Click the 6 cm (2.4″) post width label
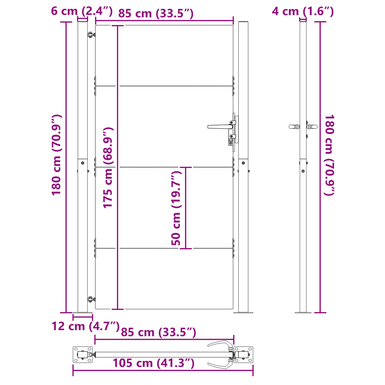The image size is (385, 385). [x=82, y=11]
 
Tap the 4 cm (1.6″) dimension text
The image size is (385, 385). [x=303, y=11]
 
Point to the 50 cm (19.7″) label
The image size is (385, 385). [x=176, y=208]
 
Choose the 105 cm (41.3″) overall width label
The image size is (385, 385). [x=153, y=363]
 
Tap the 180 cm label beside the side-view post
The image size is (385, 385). [x=329, y=155]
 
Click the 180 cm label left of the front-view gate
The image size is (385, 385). [x=56, y=155]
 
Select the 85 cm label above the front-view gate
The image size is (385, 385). [x=156, y=13]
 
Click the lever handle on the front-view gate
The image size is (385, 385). [x=218, y=127]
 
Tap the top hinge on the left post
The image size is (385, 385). [x=91, y=35]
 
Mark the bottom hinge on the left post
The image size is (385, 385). [x=91, y=299]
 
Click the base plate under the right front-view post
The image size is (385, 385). [x=243, y=312]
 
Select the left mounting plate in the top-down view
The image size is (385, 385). [x=83, y=355]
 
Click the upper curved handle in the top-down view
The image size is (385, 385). [x=220, y=344]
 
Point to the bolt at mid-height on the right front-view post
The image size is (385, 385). [x=243, y=163]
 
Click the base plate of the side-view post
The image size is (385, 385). [x=303, y=312]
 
